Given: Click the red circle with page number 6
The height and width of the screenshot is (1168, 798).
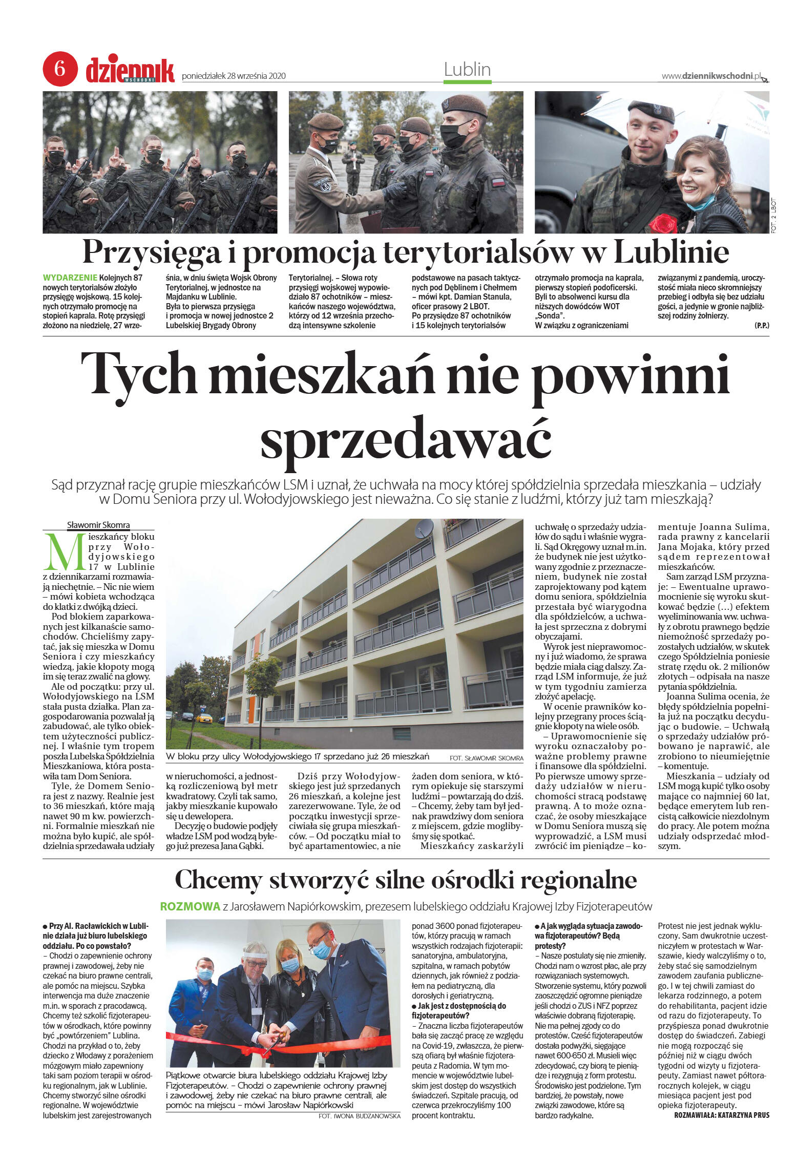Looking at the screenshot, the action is click(x=59, y=69).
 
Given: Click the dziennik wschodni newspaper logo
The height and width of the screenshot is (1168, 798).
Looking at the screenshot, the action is click(x=130, y=71).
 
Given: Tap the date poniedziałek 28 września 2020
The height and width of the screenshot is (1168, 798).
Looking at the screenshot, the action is click(x=234, y=76).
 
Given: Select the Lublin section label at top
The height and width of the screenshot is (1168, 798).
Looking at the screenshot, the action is click(x=467, y=70).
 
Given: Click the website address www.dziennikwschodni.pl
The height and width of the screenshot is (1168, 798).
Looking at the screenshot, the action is click(x=711, y=76).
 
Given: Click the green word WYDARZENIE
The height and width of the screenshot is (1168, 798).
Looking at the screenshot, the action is click(x=70, y=278).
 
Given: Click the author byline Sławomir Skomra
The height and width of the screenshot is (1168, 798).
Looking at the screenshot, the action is click(x=98, y=525).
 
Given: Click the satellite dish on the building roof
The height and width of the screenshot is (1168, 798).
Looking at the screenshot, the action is click(x=424, y=528).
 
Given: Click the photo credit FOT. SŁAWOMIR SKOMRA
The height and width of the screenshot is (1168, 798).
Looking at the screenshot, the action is click(x=486, y=758).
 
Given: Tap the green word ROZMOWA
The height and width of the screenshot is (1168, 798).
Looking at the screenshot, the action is click(x=190, y=906).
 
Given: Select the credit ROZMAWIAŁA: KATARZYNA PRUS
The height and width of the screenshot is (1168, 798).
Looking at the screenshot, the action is click(x=721, y=1115).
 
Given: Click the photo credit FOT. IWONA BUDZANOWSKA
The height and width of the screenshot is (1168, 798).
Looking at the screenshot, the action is click(x=359, y=1115).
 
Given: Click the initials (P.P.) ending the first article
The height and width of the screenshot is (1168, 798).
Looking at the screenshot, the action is click(x=761, y=326).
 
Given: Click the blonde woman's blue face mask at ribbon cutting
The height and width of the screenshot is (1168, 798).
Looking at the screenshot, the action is click(x=290, y=965).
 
